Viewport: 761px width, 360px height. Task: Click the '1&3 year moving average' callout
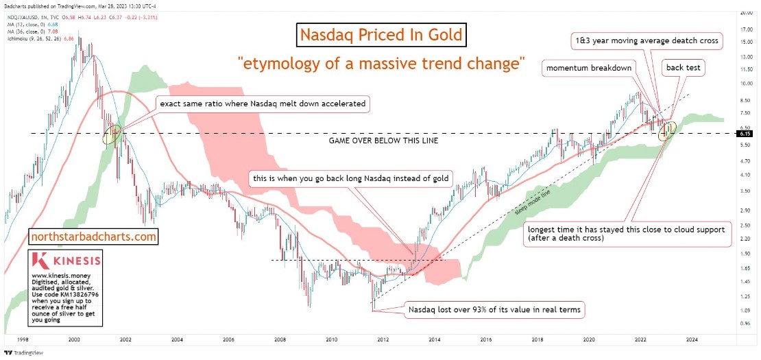[646, 41]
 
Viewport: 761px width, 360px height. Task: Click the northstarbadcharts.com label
[94, 237]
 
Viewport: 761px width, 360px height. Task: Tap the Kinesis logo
[67, 261]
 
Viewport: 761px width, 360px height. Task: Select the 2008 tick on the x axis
[280, 339]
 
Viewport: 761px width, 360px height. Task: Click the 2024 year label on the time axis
[691, 339]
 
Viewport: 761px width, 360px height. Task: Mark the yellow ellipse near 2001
[113, 134]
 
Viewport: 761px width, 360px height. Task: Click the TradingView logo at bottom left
[23, 354]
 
